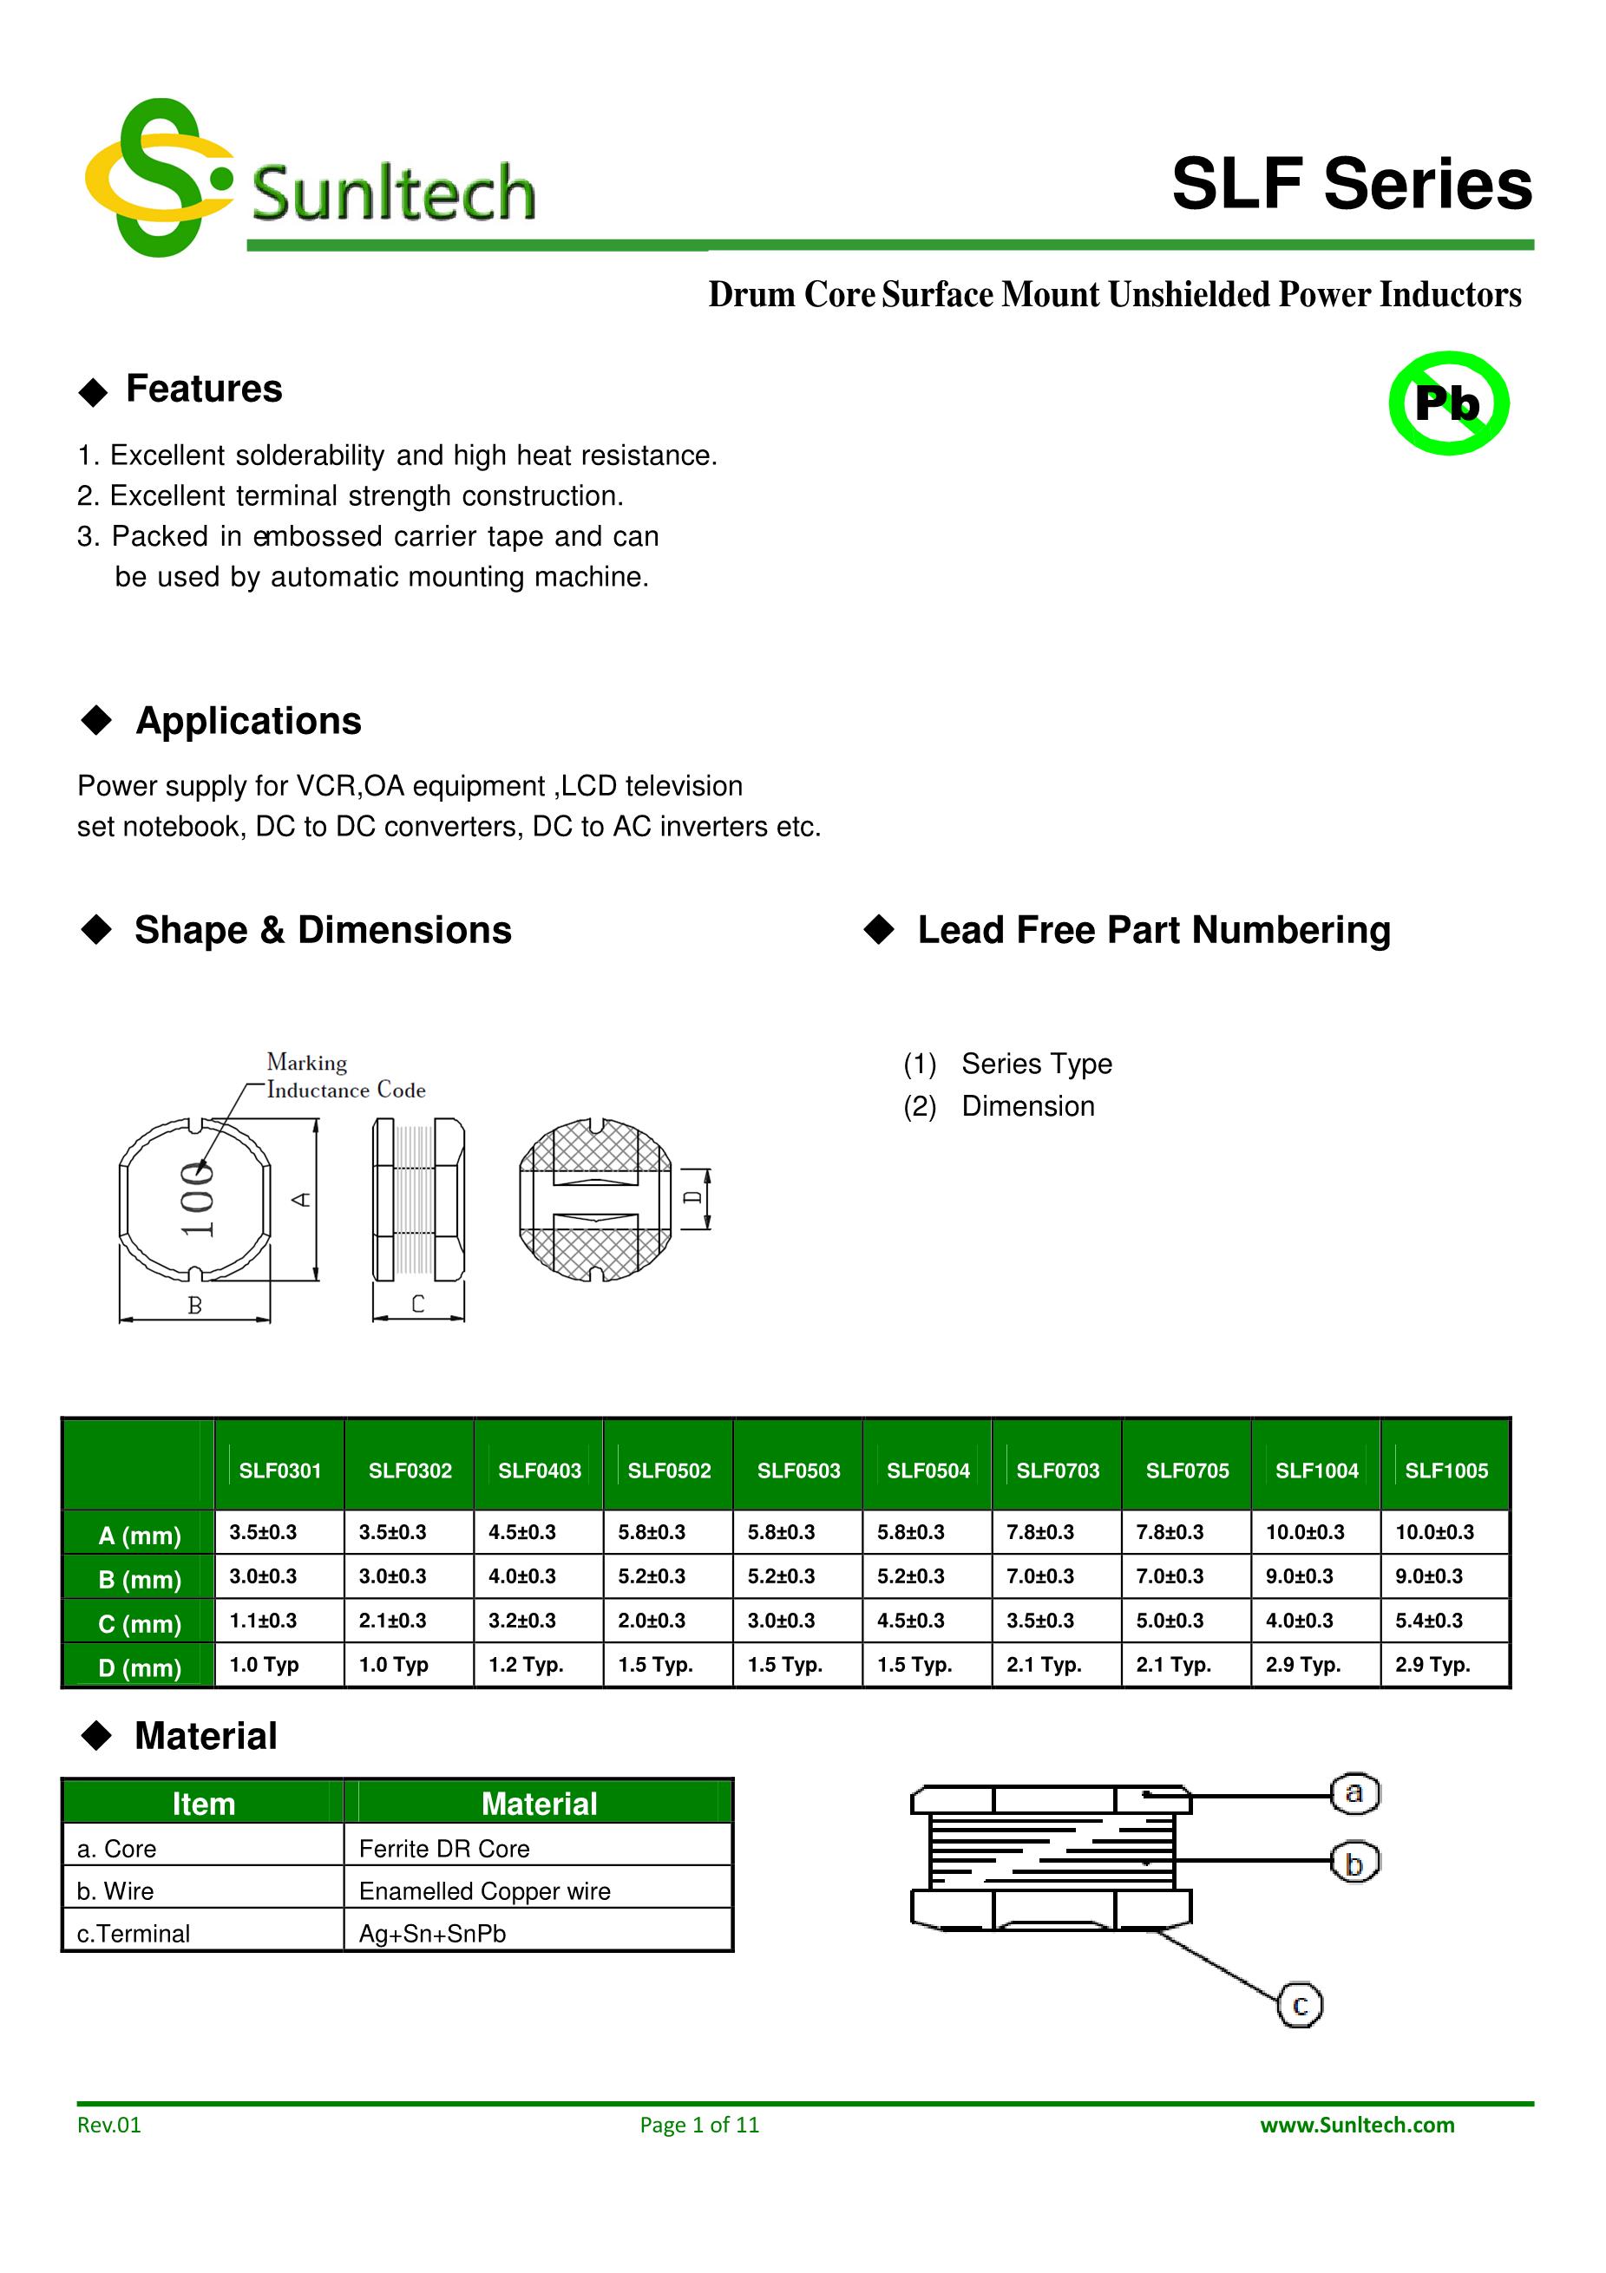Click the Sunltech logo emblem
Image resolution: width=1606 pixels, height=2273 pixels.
click(x=159, y=178)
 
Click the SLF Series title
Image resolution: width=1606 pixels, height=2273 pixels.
click(x=1352, y=184)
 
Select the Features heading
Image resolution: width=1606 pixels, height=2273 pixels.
click(x=203, y=389)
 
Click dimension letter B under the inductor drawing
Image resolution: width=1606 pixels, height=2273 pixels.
click(x=195, y=1306)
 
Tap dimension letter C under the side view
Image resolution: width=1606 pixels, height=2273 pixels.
click(x=418, y=1304)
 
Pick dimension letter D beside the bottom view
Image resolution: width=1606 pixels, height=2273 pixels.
click(x=694, y=1198)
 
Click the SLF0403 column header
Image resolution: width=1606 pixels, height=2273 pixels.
click(x=540, y=1471)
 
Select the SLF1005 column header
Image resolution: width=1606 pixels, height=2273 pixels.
click(x=1445, y=1471)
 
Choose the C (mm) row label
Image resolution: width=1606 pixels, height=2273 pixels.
click(x=140, y=1623)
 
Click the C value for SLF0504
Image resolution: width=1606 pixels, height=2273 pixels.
click(x=911, y=1621)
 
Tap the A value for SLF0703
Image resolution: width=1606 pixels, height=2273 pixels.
click(x=1039, y=1532)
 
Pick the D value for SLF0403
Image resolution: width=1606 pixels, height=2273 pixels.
click(x=526, y=1665)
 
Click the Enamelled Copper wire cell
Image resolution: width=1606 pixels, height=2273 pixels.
click(x=484, y=1891)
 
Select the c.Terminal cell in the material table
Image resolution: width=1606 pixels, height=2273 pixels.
click(x=134, y=1934)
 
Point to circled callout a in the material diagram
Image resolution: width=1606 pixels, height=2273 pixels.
click(x=1354, y=1793)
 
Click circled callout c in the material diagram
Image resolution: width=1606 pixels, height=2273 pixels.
click(x=1300, y=2006)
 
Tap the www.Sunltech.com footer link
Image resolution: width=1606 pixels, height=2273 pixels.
click(x=1356, y=2125)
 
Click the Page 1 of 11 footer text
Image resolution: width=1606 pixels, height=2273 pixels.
click(x=699, y=2125)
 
